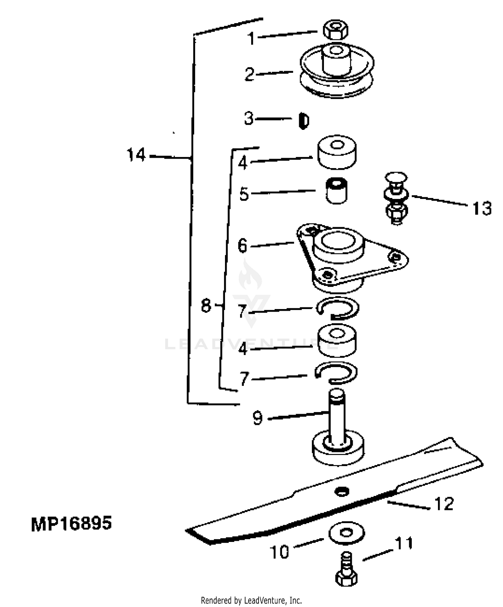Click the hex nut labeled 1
click(336, 30)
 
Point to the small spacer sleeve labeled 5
click(337, 191)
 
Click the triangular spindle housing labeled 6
click(352, 257)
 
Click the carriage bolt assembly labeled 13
click(396, 198)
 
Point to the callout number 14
click(136, 155)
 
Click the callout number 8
click(206, 306)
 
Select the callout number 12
click(444, 504)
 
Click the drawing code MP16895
click(71, 524)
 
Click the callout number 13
click(482, 208)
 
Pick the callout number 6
click(242, 246)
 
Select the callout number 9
click(258, 418)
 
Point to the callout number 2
click(249, 74)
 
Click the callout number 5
click(244, 194)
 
